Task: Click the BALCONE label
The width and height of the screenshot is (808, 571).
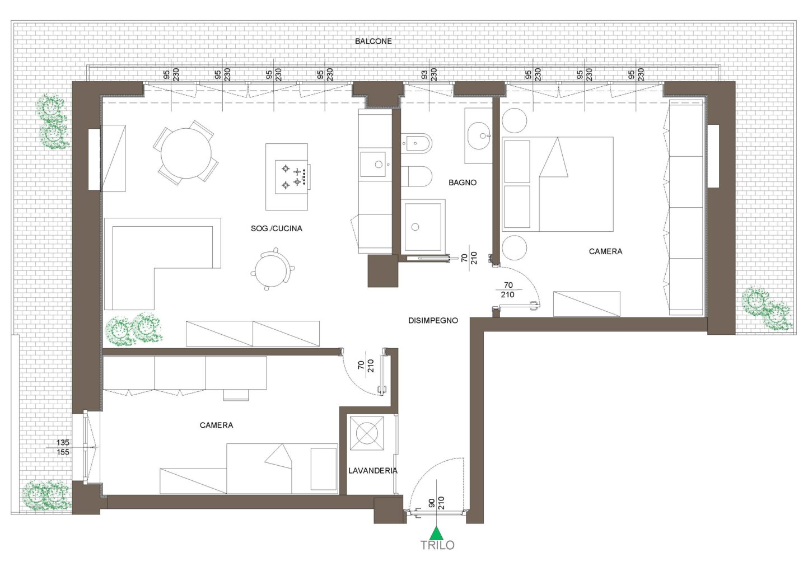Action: pos(373,41)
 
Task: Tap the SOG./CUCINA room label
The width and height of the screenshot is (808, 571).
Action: pos(277,228)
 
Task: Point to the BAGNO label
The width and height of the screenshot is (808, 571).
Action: pos(463,182)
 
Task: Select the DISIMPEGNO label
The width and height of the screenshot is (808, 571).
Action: pos(433,320)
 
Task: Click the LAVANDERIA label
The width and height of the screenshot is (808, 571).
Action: pos(373,470)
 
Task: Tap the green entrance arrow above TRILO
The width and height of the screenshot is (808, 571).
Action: pos(437,533)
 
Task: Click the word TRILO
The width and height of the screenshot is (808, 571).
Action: pos(437,545)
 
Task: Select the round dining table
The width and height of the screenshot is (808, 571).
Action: pos(186,153)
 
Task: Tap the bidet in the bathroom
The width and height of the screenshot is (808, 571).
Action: pos(417,143)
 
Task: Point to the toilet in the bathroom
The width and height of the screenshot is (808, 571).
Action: pos(417,176)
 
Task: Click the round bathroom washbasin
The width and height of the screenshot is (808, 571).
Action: pos(478,135)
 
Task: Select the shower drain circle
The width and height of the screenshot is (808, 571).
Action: pos(415,227)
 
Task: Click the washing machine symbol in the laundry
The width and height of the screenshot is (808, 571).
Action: pos(367,433)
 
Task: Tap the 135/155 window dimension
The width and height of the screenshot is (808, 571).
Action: pos(63,447)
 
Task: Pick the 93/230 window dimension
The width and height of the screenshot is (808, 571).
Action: pos(429,74)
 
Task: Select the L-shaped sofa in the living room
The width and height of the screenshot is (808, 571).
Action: pos(162,264)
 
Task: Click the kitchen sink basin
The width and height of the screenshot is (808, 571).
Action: pos(373,165)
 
